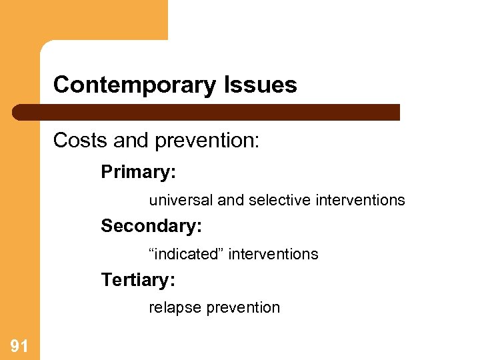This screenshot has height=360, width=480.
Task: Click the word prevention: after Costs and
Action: coord(207,141)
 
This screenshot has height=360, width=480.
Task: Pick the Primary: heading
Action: coord(138,172)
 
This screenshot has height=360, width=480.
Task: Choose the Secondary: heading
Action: coord(151,226)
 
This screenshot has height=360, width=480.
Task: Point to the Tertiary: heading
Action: coord(138,280)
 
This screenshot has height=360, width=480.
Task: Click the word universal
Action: coord(181,200)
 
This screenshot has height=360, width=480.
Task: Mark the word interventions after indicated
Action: coord(273,254)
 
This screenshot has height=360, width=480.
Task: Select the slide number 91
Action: coord(19,345)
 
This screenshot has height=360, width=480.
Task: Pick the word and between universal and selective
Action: coord(231,200)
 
